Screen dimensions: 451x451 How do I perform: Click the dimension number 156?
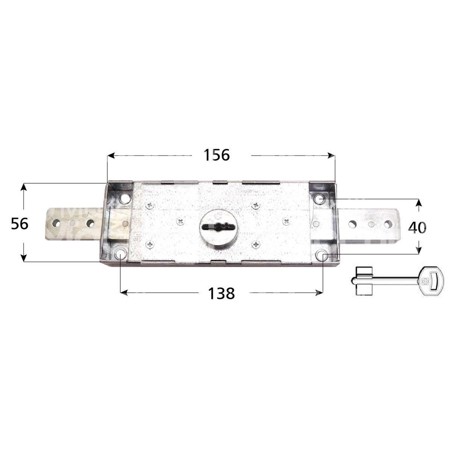click(216, 155)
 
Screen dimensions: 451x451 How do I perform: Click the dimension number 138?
click(221, 294)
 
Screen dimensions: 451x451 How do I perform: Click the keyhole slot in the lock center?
click(218, 227)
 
